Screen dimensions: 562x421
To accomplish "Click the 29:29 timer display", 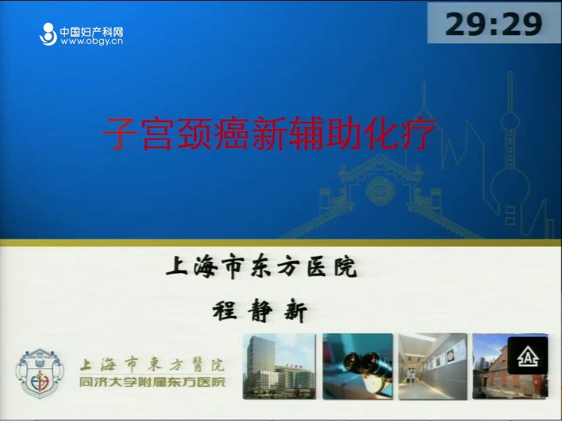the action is pyautogui.click(x=493, y=23).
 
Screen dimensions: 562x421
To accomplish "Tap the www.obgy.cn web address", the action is pyautogui.click(x=91, y=42).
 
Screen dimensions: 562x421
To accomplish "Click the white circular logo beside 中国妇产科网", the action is pyautogui.click(x=48, y=34).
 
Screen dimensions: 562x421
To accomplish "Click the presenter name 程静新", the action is pyautogui.click(x=260, y=310).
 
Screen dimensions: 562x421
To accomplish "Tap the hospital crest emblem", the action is pyautogui.click(x=40, y=373).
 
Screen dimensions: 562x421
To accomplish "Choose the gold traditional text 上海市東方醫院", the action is pyautogui.click(x=152, y=365).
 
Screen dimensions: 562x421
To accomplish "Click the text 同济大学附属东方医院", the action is pyautogui.click(x=152, y=382).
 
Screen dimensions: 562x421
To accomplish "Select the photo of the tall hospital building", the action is pyautogui.click(x=279, y=366).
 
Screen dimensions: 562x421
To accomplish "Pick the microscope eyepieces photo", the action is pyautogui.click(x=357, y=366).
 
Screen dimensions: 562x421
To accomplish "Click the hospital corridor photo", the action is pyautogui.click(x=433, y=366).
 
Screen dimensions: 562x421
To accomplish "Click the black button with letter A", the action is pyautogui.click(x=527, y=356).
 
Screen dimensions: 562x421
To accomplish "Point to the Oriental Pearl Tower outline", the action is pyautogui.click(x=510, y=150).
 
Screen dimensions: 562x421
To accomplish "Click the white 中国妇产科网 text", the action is pyautogui.click(x=91, y=32).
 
